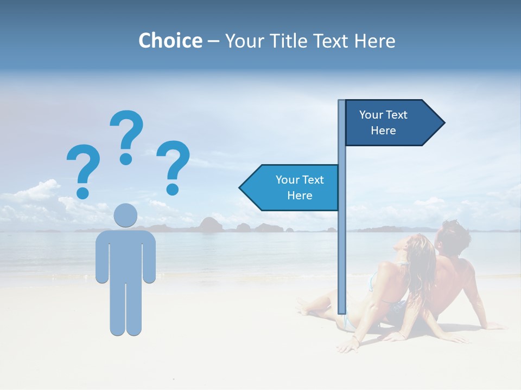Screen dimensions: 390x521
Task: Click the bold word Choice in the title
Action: pos(170,41)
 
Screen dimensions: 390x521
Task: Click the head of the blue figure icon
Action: pos(125,215)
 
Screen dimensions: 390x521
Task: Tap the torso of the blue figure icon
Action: pos(125,255)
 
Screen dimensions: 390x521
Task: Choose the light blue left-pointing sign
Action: pos(293,187)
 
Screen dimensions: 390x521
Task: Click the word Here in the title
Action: pos(375,41)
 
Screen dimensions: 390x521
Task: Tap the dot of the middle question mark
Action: pos(126,159)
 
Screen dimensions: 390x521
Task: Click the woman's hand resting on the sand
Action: pos(354,343)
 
